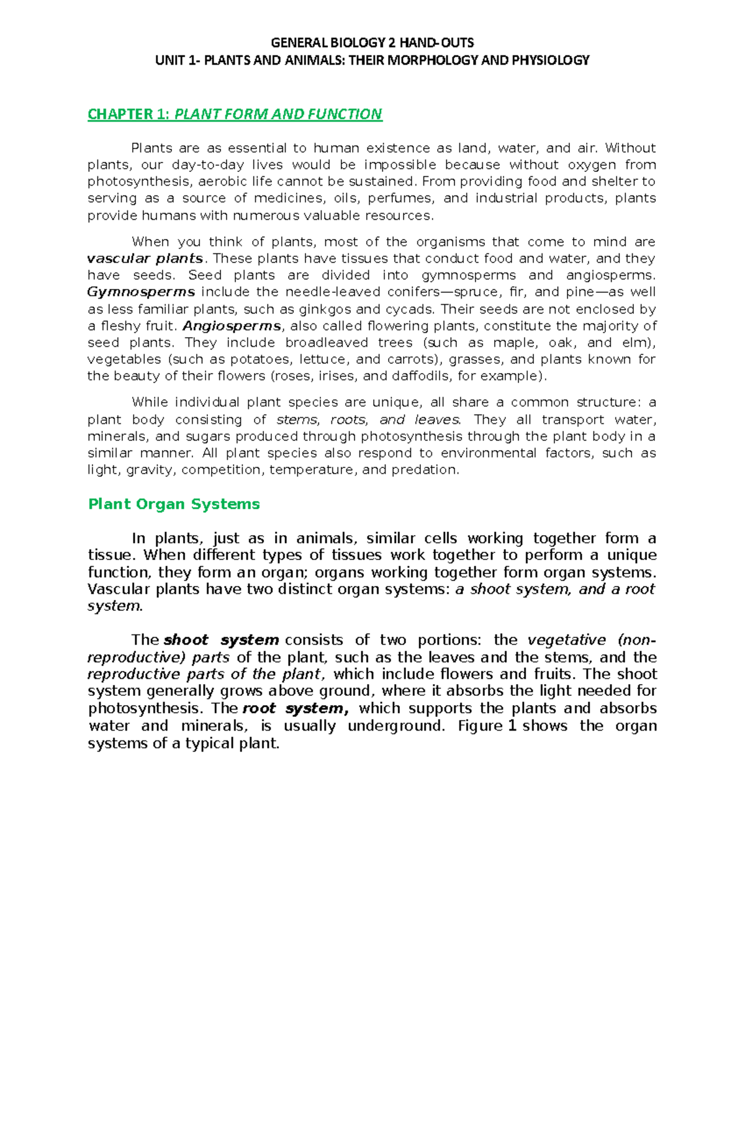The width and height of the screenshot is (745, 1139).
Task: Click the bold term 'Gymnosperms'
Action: [x=141, y=292]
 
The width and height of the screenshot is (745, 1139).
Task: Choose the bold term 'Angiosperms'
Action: [x=232, y=326]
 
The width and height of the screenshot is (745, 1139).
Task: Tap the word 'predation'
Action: [x=425, y=470]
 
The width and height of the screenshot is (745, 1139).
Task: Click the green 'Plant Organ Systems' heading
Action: [x=174, y=504]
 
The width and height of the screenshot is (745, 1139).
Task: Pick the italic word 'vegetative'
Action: [x=566, y=641]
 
